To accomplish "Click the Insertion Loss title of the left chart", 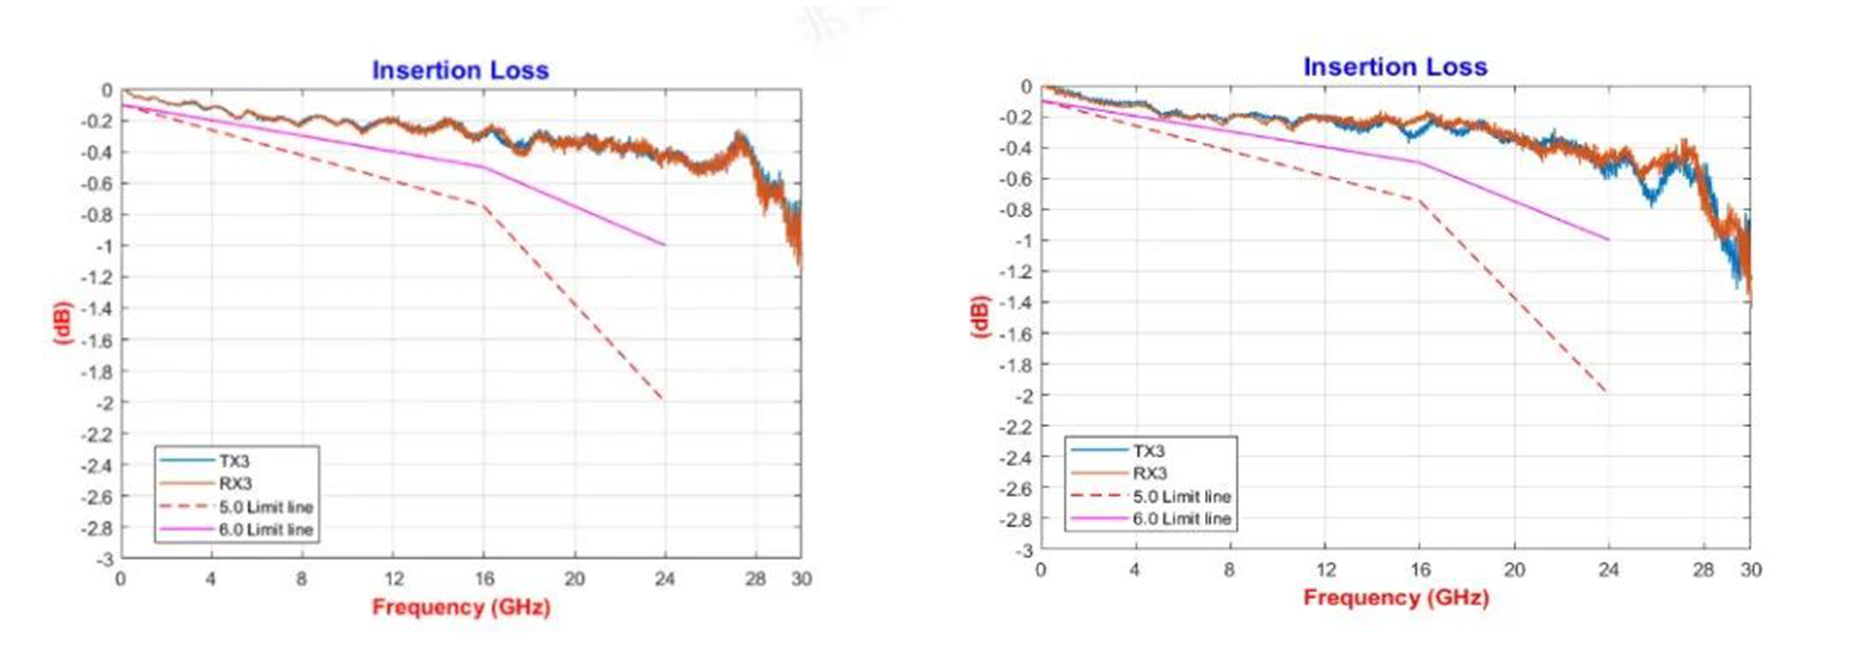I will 460,70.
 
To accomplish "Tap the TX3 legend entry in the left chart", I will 234,461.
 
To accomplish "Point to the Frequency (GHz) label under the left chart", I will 461,607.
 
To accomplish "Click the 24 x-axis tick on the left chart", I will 665,579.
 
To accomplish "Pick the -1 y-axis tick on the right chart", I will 1023,240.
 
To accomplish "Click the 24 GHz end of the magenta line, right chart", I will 1608,240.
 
